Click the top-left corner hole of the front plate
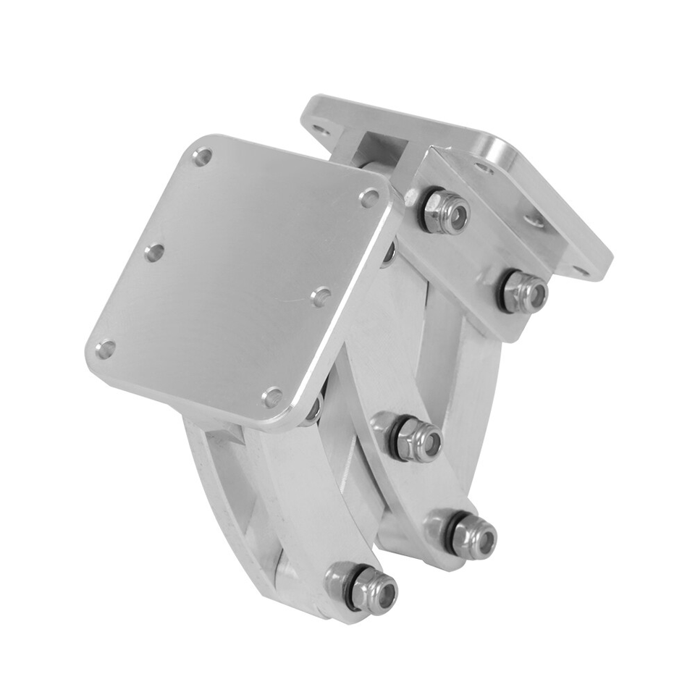pyautogui.click(x=202, y=156)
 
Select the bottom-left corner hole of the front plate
pyautogui.click(x=106, y=349)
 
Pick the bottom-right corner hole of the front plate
pyautogui.click(x=272, y=397)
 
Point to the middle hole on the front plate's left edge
pyautogui.click(x=153, y=253)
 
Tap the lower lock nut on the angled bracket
pyautogui.click(x=523, y=291)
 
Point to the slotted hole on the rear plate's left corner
pyautogui.click(x=319, y=132)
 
